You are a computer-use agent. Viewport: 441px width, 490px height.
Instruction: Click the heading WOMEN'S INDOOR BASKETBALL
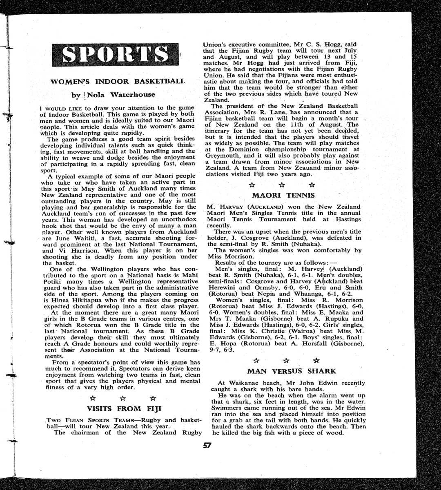pos(117,81)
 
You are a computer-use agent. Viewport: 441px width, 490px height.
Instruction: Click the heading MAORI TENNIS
pos(283,195)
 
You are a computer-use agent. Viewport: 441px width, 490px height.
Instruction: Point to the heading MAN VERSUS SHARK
pos(292,371)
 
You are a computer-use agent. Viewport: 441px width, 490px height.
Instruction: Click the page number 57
pos(207,445)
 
